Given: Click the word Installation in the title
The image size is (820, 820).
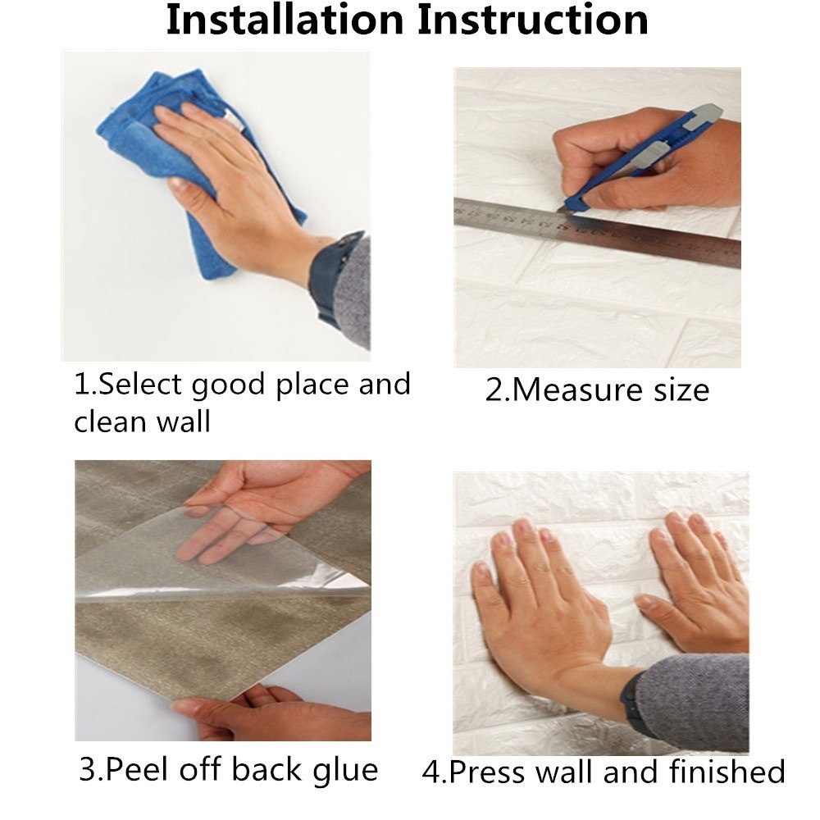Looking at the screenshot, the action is pos(285,20).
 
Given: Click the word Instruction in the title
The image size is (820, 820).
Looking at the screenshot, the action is pos(533,20).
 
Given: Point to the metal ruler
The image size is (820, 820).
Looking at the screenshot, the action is pos(597,233).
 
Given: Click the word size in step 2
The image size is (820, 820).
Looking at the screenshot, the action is pos(681,390).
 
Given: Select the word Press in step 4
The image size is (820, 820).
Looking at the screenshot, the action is pos(489,772).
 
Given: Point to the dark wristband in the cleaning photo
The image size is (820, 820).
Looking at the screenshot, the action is pos(330,277).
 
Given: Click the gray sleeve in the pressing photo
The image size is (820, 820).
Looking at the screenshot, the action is pos(695,701).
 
